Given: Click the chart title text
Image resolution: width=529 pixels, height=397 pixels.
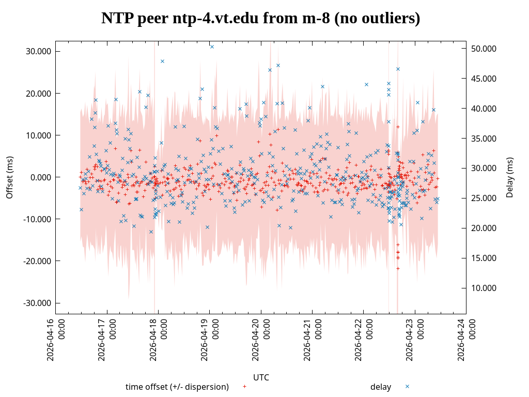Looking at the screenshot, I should [260, 19].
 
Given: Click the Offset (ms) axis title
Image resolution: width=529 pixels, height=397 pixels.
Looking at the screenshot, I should [9, 177].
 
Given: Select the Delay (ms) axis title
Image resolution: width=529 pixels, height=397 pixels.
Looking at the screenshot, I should [510, 177].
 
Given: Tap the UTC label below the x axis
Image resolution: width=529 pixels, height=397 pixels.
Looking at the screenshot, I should [261, 377].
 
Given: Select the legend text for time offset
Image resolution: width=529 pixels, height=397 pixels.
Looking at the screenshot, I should [177, 387].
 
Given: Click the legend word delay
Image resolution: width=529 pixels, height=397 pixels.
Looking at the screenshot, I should [380, 387].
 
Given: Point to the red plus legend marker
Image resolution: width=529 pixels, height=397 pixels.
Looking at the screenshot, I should [244, 387].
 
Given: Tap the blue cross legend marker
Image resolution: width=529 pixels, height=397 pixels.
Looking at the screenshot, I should [407, 387].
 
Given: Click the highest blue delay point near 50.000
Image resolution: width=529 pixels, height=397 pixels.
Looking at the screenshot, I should [212, 47].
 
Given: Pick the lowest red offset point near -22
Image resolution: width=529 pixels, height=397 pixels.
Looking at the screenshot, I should [398, 268].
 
